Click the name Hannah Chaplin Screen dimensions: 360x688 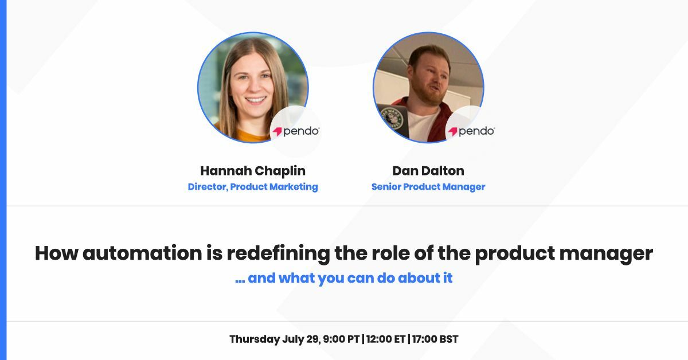click(253, 171)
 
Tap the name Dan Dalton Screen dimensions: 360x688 click(428, 171)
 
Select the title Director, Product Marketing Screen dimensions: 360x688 click(253, 187)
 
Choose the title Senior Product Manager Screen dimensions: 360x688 click(428, 187)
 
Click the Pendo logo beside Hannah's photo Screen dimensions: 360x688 click(296, 131)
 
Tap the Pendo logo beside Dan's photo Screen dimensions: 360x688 click(471, 131)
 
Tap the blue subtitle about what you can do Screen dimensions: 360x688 click(344, 279)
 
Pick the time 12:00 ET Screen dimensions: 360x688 click(385, 339)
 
